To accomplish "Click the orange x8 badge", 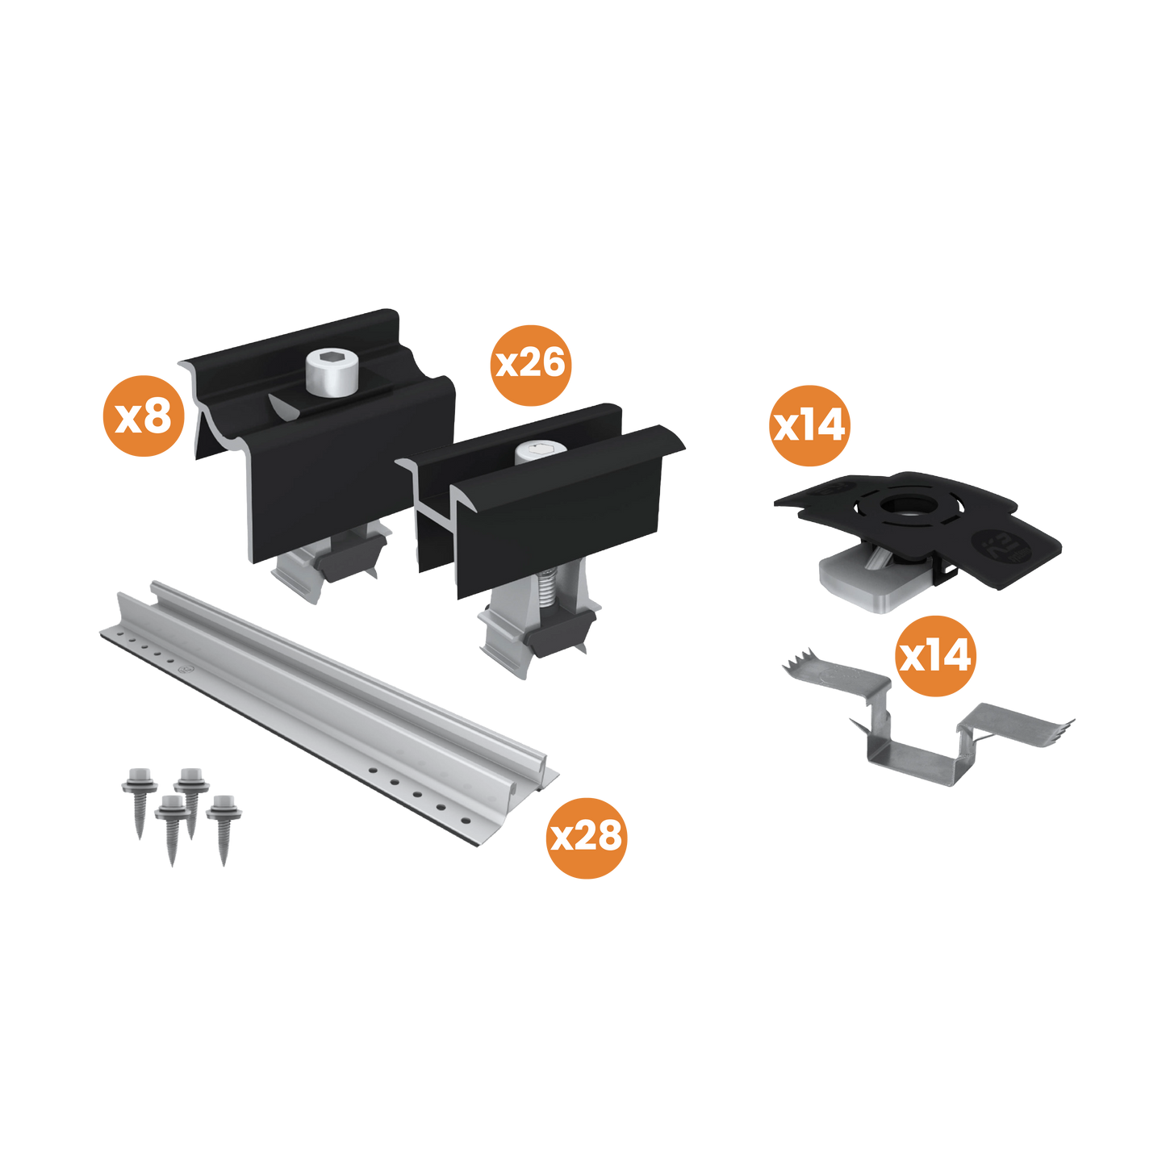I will [144, 417].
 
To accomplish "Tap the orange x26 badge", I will [530, 364].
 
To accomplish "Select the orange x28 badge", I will [587, 836].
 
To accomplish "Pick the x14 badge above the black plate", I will [809, 425].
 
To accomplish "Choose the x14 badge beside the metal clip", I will [936, 656].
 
